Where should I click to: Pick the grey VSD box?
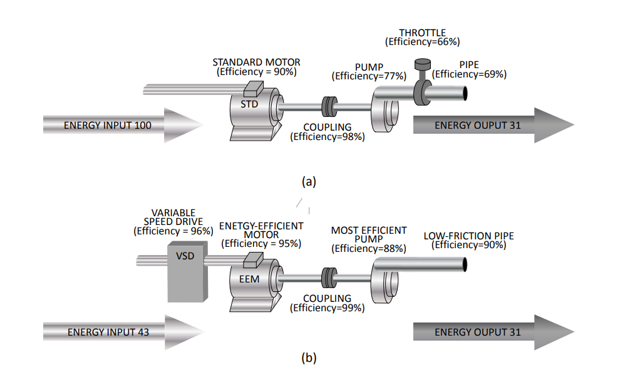(186, 272)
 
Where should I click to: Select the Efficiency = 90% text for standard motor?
(256, 72)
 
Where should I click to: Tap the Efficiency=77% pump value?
(369, 76)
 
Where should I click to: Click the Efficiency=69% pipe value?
(469, 74)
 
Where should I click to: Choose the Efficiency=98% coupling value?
(328, 137)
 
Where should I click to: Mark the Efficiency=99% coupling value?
(328, 308)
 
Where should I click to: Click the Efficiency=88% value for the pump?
(369, 249)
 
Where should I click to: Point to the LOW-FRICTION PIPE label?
(469, 236)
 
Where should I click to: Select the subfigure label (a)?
(309, 182)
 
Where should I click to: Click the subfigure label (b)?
(309, 358)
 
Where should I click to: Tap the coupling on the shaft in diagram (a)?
(329, 107)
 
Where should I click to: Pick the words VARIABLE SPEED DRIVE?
(173, 217)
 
